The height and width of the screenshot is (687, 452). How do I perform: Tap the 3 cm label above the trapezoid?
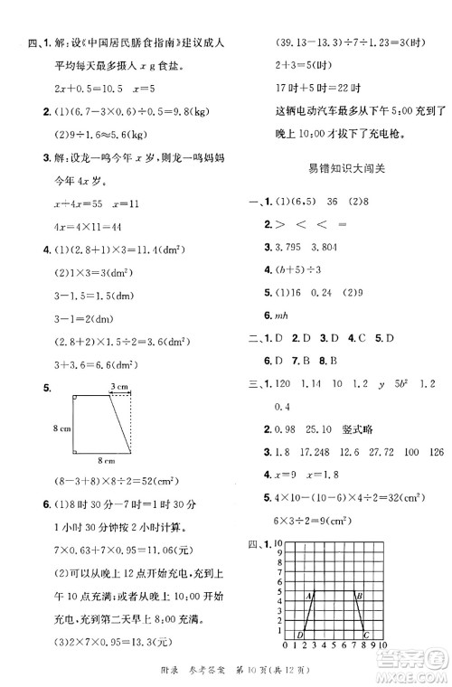pyautogui.click(x=118, y=388)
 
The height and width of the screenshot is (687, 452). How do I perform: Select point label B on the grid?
pyautogui.click(x=359, y=595)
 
